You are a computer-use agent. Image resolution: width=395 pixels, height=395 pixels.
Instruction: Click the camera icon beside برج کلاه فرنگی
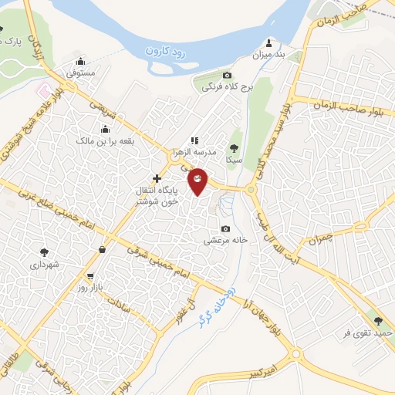click(x=227, y=75)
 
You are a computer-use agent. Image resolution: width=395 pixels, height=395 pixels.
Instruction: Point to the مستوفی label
click(x=80, y=73)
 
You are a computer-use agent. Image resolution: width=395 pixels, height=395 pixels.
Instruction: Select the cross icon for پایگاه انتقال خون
click(x=157, y=178)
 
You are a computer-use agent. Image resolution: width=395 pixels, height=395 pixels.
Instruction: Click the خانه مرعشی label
click(x=225, y=240)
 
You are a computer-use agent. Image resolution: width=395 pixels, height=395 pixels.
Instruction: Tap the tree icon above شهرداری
click(x=44, y=252)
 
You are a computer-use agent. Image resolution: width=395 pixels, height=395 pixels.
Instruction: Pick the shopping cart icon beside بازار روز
click(x=92, y=276)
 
